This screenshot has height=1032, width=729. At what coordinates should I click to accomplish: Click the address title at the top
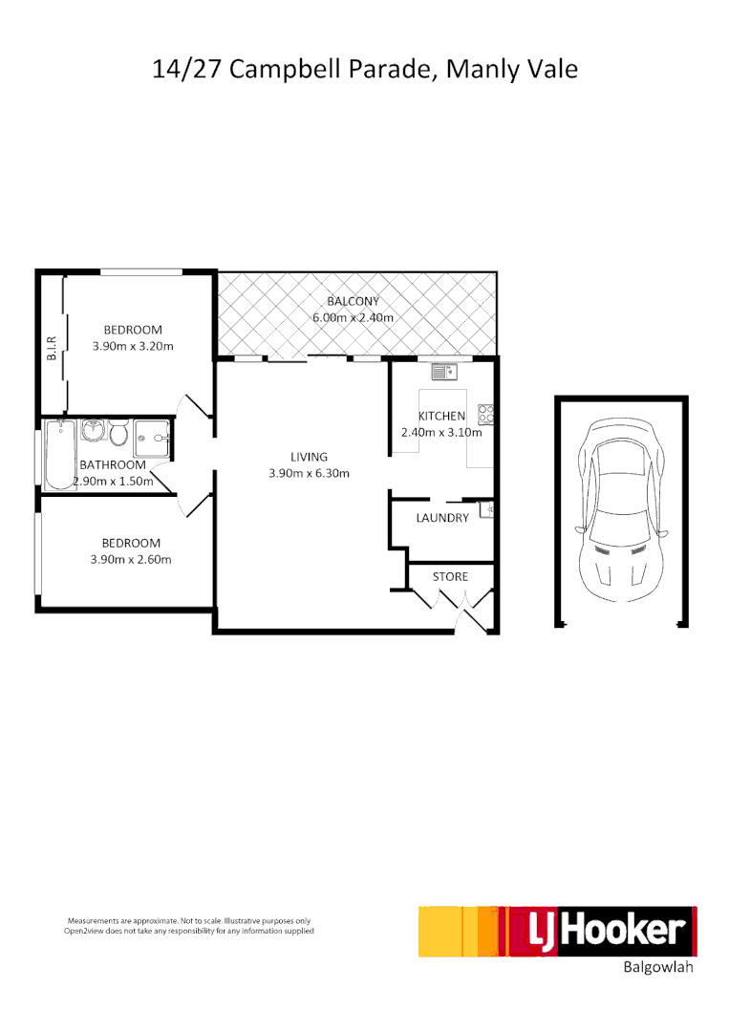click(x=365, y=70)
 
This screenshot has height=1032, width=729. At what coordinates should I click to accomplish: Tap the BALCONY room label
click(x=353, y=301)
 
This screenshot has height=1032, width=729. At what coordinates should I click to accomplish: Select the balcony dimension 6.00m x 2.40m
click(x=353, y=317)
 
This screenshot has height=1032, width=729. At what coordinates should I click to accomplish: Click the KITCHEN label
click(x=441, y=416)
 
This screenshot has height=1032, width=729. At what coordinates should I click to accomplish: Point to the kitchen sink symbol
click(x=445, y=372)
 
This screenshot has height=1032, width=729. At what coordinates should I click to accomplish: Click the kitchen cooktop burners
click(x=486, y=415)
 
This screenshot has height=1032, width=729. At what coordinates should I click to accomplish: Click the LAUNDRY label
click(x=442, y=518)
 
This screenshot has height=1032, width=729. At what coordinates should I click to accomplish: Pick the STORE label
click(x=450, y=576)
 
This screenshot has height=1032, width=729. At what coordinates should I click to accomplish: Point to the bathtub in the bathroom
click(x=59, y=453)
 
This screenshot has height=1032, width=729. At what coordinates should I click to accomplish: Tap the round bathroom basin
click(x=94, y=432)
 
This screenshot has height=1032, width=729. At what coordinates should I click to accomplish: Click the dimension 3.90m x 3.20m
click(x=133, y=346)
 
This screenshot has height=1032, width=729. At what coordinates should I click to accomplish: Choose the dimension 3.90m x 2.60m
click(x=131, y=560)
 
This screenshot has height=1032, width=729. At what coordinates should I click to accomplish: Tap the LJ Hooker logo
click(x=558, y=931)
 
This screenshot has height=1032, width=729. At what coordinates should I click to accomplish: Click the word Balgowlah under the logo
click(x=657, y=967)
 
